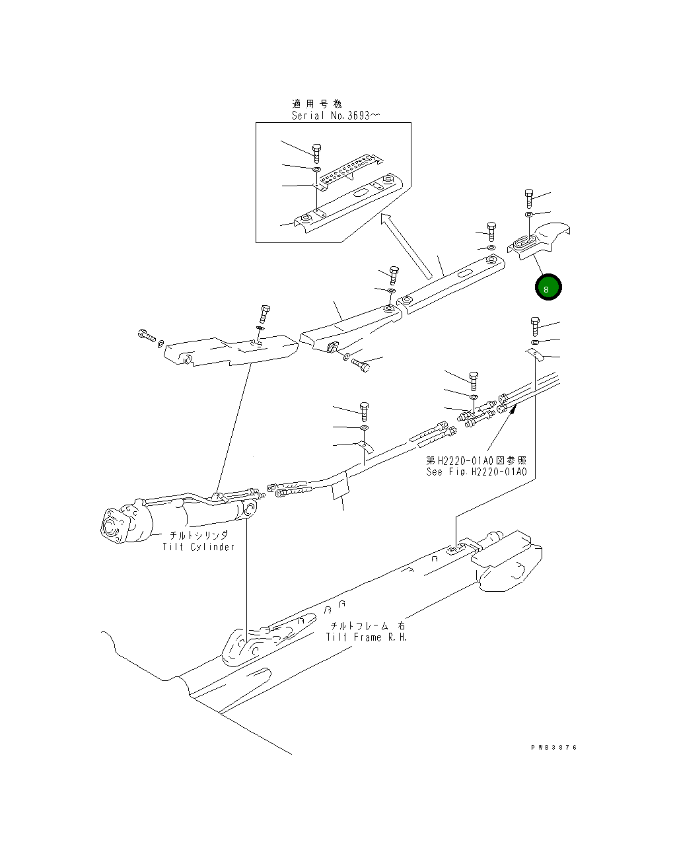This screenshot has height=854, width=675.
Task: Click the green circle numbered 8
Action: point(548,287)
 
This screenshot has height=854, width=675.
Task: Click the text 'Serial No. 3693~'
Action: point(336,116)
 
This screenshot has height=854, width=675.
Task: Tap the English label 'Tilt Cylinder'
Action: point(198,547)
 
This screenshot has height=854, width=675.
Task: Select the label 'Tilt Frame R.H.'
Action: point(367,637)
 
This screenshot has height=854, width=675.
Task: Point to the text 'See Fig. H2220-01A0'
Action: point(477,472)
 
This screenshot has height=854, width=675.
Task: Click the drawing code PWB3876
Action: point(554,748)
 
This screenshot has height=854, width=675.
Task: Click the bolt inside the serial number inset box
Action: point(316,154)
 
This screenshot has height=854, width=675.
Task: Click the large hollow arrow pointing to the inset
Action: point(406,246)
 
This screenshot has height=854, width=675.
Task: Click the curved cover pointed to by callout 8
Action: point(539,240)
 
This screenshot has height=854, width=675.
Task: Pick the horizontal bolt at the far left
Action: point(147,336)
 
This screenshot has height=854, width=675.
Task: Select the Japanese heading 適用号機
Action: point(316,104)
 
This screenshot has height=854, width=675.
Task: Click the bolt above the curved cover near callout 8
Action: point(528,198)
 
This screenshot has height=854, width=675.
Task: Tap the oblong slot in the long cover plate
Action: point(466,274)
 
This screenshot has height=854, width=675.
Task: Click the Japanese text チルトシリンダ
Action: point(199,536)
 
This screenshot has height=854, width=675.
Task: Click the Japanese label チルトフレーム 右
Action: point(367,626)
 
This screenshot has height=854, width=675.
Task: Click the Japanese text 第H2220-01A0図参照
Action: point(476,460)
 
